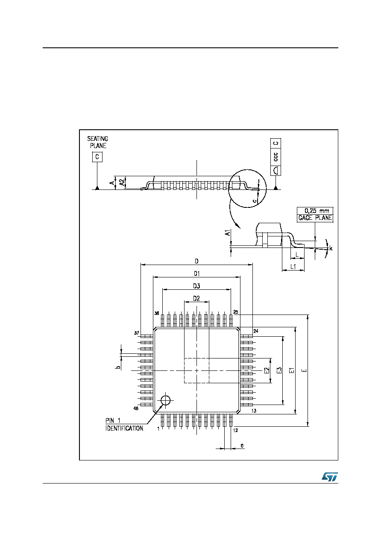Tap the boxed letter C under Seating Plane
[x=97, y=157]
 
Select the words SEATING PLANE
[x=98, y=142]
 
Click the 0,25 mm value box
[x=315, y=211]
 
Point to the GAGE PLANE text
[x=315, y=218]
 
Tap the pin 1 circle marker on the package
[x=165, y=400]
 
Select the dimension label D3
[x=196, y=286]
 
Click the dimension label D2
[x=196, y=298]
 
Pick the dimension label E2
[x=267, y=370]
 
